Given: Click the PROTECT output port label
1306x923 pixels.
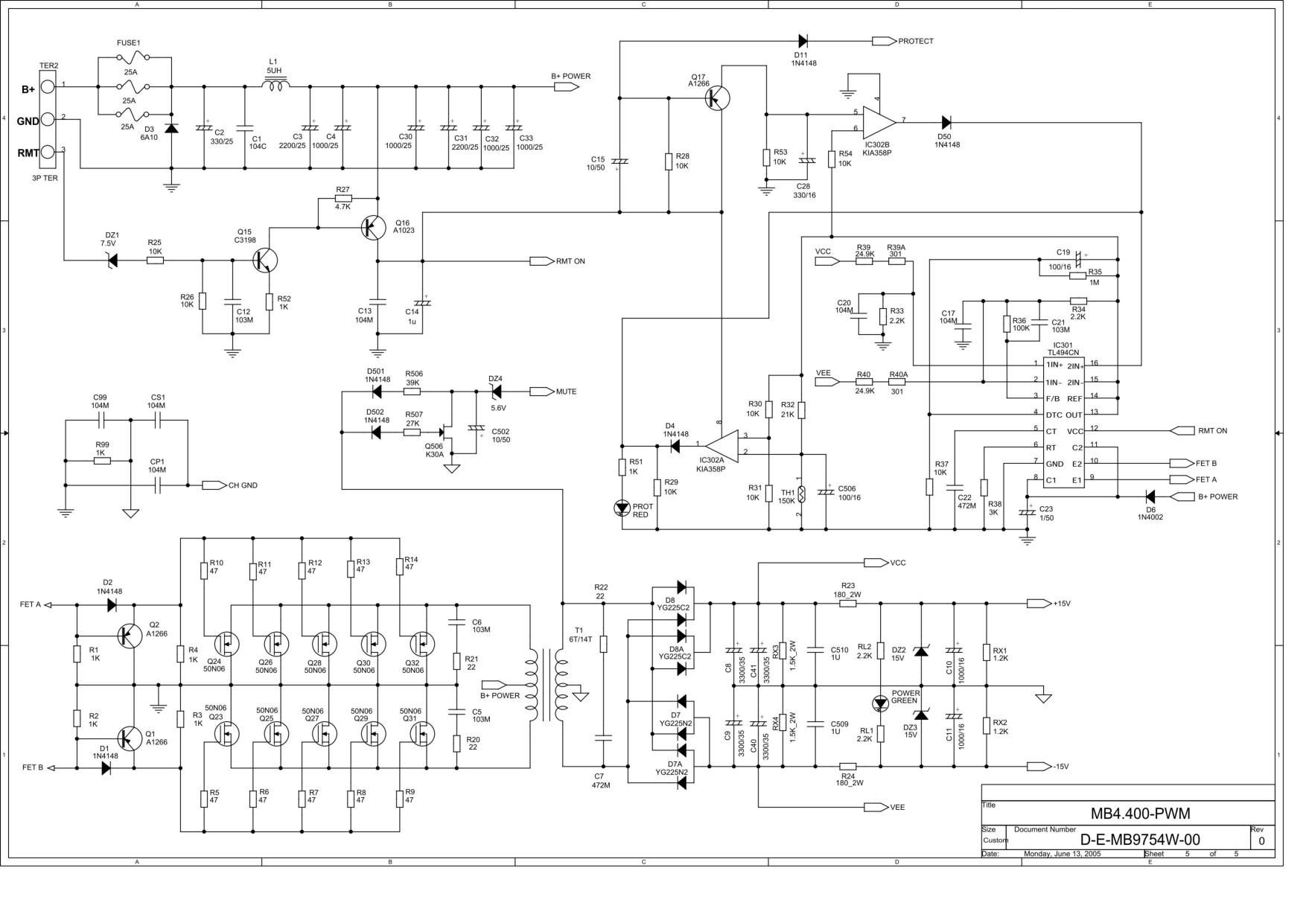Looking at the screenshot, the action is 916,42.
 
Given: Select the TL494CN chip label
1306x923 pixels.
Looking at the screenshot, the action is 1063,353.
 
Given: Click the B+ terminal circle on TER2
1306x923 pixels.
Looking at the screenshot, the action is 47,88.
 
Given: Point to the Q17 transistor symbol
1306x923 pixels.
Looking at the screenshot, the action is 717,98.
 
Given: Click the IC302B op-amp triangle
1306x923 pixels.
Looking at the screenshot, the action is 879,121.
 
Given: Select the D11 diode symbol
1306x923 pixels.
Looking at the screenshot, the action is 803,41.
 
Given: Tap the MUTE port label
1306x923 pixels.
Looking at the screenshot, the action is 566,392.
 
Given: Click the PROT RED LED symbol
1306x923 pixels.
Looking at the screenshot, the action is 622,508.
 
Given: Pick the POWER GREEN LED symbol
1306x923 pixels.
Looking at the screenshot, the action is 880,703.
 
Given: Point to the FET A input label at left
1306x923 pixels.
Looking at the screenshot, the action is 31,605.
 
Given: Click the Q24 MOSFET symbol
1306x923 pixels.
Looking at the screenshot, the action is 226,643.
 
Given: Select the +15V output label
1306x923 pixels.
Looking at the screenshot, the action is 1061,604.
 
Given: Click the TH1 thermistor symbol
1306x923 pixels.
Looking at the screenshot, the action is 801,493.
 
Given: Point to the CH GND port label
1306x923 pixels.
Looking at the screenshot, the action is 243,485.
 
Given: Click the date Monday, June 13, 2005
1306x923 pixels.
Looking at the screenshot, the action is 1063,854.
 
